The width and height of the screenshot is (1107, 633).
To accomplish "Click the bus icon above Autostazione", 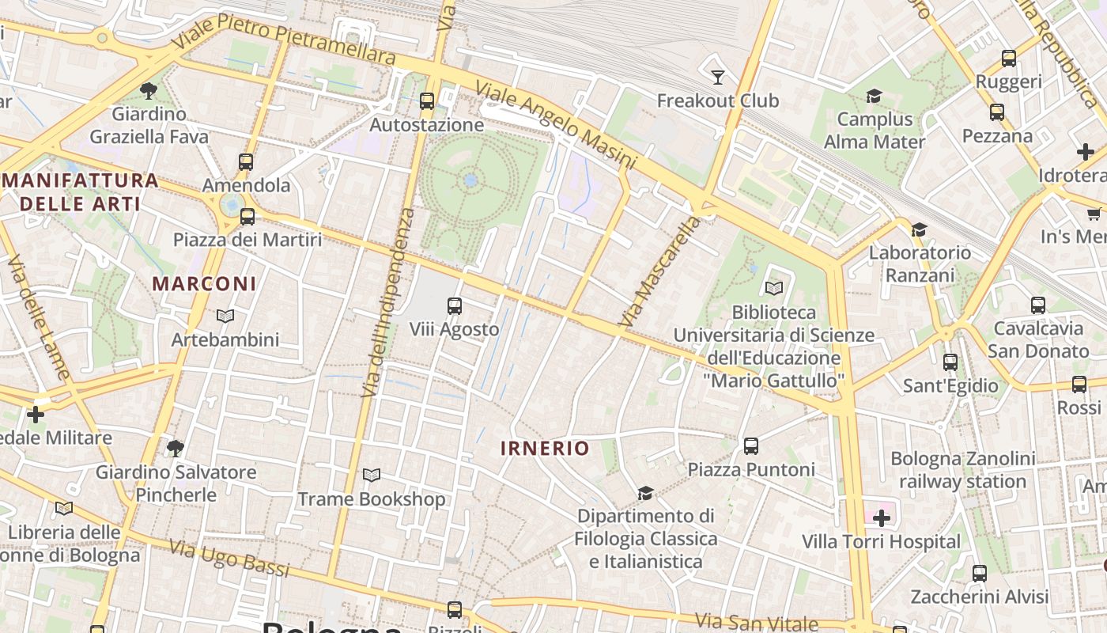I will click(427, 100).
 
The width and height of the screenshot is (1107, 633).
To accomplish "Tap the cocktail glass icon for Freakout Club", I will click(718, 77).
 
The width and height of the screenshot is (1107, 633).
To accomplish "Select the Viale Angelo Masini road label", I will click(556, 126).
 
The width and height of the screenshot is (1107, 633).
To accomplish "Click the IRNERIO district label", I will click(545, 449).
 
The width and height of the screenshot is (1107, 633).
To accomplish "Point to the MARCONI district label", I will click(204, 283).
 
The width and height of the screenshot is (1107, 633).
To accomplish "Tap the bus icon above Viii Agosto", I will click(455, 305).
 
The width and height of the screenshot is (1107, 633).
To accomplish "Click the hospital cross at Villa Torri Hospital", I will click(881, 518).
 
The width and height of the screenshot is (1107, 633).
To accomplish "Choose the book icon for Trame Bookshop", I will click(372, 475).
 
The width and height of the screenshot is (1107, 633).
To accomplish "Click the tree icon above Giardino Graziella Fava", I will click(148, 90).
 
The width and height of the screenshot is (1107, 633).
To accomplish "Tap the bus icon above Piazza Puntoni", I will click(751, 445).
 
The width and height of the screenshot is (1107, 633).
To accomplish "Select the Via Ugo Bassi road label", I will click(229, 557).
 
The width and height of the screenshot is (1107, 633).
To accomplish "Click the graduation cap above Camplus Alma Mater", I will click(874, 96).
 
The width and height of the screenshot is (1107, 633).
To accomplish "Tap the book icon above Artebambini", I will click(225, 316).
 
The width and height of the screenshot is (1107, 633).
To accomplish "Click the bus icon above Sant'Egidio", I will click(950, 362).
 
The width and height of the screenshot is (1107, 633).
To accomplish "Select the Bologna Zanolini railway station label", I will click(962, 470).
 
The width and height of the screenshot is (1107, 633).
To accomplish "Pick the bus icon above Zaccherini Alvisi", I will click(980, 573).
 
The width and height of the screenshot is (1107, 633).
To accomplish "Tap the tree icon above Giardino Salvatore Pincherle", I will click(176, 449).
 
